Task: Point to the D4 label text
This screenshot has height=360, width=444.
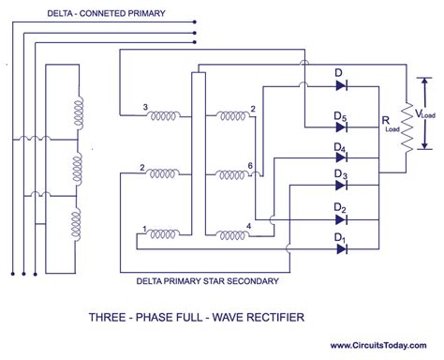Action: click(341, 149)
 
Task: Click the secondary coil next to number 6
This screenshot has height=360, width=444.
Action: click(229, 175)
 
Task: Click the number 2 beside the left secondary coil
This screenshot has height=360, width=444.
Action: click(141, 169)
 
